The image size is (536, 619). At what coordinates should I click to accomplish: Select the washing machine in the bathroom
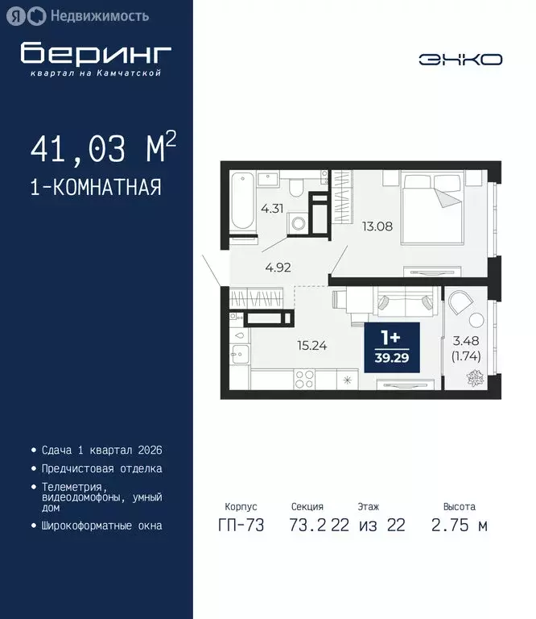[299, 223]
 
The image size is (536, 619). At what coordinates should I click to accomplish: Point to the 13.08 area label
[377, 226]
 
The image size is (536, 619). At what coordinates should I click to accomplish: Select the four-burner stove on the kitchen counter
[308, 379]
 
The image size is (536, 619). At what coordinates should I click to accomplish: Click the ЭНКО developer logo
[460, 60]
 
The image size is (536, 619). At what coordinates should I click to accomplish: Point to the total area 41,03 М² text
[102, 148]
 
